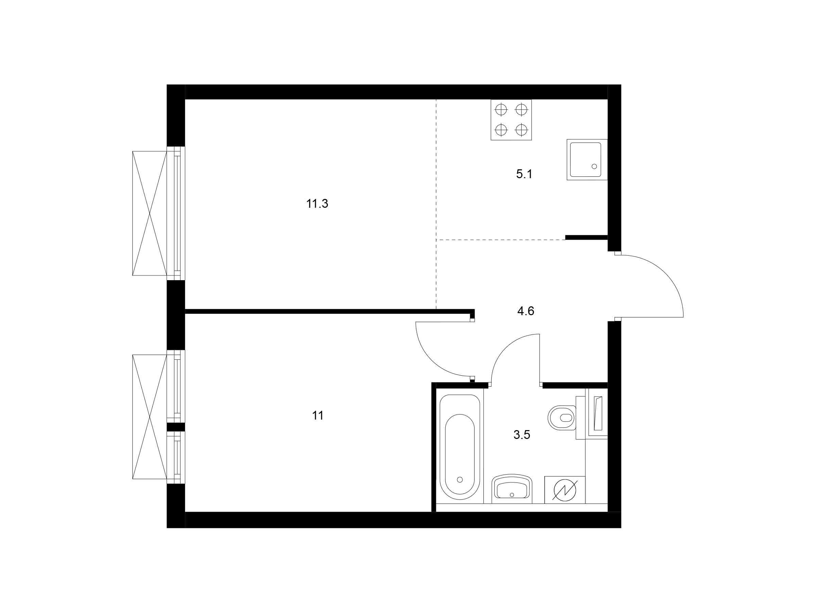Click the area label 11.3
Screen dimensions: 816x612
click(317, 204)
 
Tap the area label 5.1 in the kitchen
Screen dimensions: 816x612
click(524, 174)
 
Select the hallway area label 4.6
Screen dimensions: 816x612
click(526, 311)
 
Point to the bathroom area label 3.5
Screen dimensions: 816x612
click(522, 435)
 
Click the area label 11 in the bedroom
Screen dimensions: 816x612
click(318, 416)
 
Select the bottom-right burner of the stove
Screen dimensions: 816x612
click(521, 130)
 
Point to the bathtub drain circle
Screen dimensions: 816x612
click(460, 479)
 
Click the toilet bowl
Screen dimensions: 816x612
click(563, 418)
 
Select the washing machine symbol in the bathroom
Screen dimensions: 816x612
click(565, 490)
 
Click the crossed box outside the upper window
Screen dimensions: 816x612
click(150, 213)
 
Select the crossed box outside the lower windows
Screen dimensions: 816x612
click(150, 417)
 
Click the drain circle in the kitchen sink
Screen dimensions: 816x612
click(594, 166)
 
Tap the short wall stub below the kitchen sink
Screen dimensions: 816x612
click(586, 238)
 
